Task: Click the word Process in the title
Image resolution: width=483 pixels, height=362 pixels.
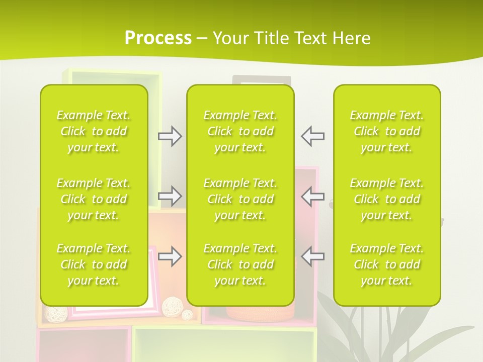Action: pyautogui.click(x=158, y=38)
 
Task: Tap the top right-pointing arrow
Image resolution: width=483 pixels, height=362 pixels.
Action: pyautogui.click(x=170, y=136)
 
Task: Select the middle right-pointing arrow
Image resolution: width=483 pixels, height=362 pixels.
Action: pyautogui.click(x=170, y=195)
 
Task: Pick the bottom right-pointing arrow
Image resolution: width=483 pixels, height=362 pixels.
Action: pyautogui.click(x=170, y=256)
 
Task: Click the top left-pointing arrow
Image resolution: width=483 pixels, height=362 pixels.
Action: pyautogui.click(x=313, y=136)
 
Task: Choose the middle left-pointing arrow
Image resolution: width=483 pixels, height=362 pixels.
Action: pyautogui.click(x=313, y=196)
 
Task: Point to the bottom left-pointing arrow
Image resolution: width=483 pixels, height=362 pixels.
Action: pyautogui.click(x=313, y=256)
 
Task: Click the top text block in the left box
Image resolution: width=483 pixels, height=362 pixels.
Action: pyautogui.click(x=94, y=131)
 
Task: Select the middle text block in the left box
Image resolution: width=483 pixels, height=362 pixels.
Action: pyautogui.click(x=94, y=199)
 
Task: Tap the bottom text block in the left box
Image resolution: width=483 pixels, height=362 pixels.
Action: pyautogui.click(x=94, y=264)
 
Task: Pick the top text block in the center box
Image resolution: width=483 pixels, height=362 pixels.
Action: pyautogui.click(x=240, y=131)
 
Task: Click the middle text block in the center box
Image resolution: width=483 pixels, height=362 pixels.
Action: pyautogui.click(x=240, y=199)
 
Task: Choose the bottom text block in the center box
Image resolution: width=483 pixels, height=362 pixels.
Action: pyautogui.click(x=240, y=264)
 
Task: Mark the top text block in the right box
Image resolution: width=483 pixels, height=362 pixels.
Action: pyautogui.click(x=386, y=131)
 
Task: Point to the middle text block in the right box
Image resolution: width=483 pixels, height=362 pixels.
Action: pyautogui.click(x=386, y=199)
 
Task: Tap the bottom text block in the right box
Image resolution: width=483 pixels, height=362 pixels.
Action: pyautogui.click(x=386, y=264)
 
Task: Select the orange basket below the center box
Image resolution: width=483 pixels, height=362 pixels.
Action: pyautogui.click(x=260, y=314)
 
